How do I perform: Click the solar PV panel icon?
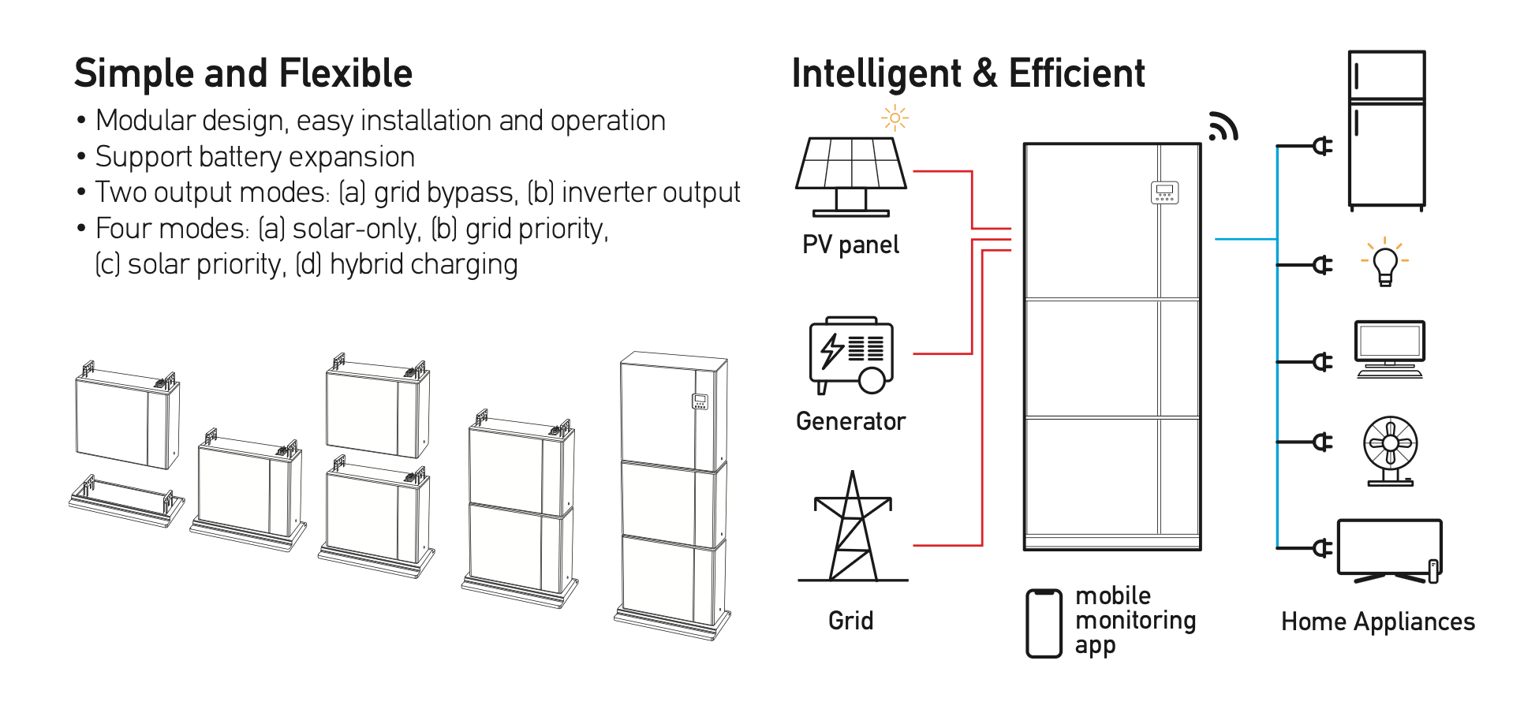click(851, 175)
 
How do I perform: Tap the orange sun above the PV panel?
click(895, 118)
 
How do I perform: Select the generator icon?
click(851, 355)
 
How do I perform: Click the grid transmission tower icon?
click(852, 528)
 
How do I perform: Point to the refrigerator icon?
click(1387, 130)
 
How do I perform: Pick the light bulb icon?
click(1385, 263)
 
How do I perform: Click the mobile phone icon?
click(1044, 623)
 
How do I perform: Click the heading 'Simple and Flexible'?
click(243, 73)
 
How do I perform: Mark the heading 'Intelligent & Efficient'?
click(968, 73)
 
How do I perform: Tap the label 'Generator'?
click(850, 421)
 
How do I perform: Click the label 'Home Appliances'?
click(1377, 622)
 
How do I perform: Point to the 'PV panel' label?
click(850, 245)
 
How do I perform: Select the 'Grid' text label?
click(850, 621)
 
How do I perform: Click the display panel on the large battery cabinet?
click(1164, 192)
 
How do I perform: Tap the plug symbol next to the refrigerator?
click(1322, 146)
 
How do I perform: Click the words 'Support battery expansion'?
click(255, 157)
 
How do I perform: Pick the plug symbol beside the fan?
click(1322, 442)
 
